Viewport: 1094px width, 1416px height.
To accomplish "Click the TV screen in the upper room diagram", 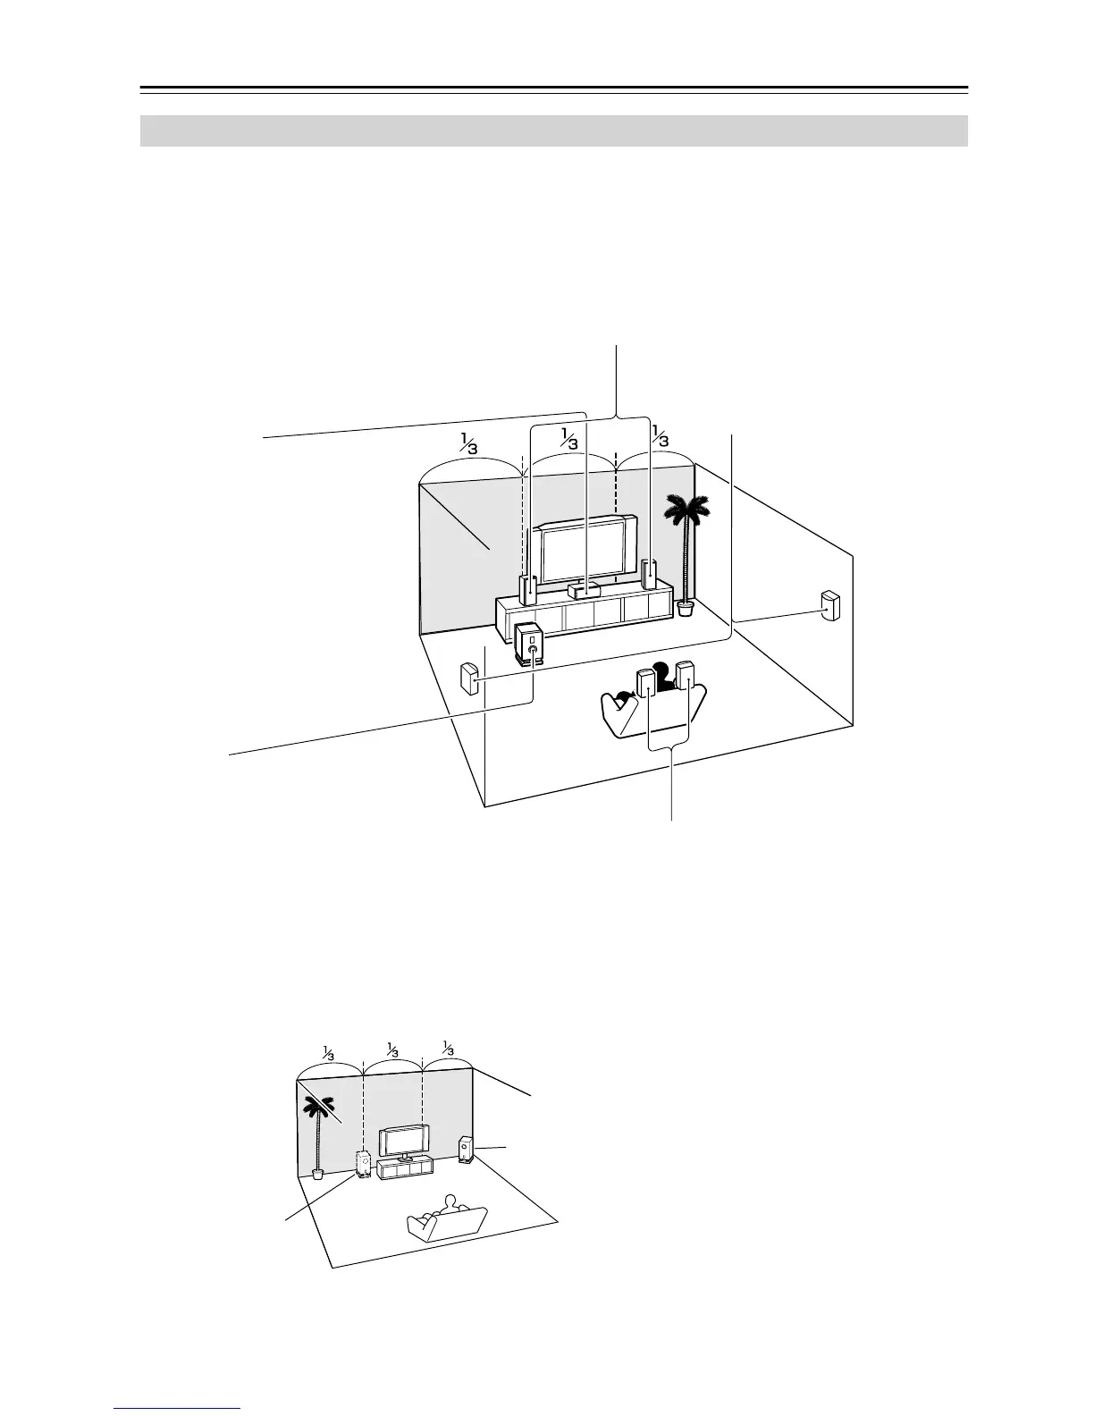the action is (582, 554).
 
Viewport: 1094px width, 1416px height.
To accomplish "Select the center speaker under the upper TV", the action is (585, 589).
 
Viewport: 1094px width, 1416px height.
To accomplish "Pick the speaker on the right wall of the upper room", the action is (830, 606).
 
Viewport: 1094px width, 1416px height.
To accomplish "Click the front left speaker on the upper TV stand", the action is (528, 588).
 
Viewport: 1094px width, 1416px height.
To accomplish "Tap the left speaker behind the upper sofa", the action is (646, 684).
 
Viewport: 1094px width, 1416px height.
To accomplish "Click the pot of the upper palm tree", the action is (686, 609).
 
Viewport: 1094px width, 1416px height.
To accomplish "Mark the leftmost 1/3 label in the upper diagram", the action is (468, 442).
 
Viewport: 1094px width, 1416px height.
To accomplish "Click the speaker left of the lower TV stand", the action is (365, 1164).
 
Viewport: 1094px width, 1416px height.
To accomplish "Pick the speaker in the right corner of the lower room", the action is (467, 1149).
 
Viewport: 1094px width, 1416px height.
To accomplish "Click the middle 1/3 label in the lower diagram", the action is (391, 1049).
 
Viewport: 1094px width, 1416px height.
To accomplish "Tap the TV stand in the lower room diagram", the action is (407, 1167).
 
